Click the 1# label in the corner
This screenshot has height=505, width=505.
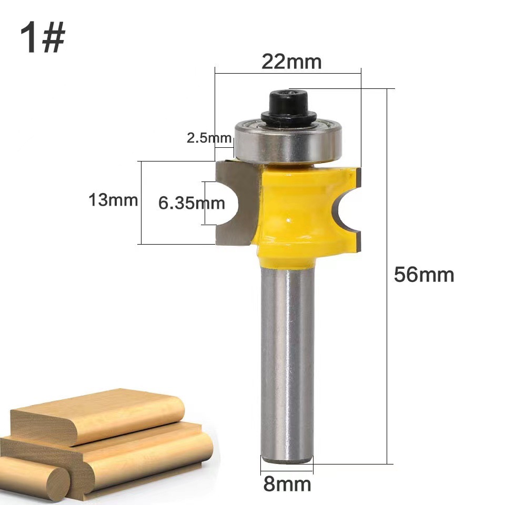pyautogui.click(x=42, y=38)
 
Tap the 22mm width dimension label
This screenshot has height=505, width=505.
pyautogui.click(x=291, y=62)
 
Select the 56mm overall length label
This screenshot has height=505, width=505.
pyautogui.click(x=423, y=275)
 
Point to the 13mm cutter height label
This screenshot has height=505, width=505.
pyautogui.click(x=113, y=200)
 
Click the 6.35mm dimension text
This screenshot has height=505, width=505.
pyautogui.click(x=191, y=203)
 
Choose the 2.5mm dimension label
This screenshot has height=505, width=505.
pyautogui.click(x=209, y=138)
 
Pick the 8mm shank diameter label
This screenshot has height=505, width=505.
pyautogui.click(x=287, y=483)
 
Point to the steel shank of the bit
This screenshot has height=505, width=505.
pyautogui.click(x=287, y=358)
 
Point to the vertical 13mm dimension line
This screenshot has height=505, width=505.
pyautogui.click(x=142, y=203)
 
